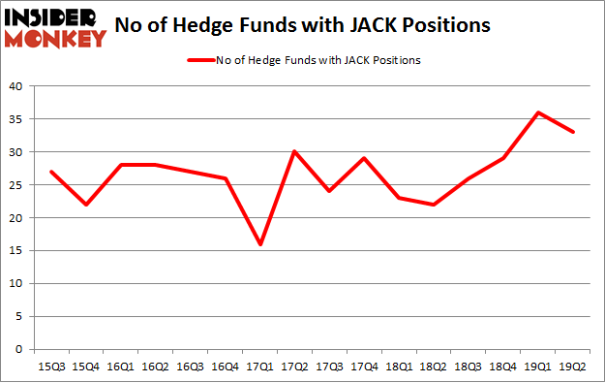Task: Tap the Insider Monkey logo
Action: (x=55, y=27)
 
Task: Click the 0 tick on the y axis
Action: (x=18, y=349)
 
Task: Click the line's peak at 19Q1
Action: (x=539, y=112)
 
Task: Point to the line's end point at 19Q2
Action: (x=575, y=132)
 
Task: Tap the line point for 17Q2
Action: (x=294, y=151)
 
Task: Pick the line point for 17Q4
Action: (x=364, y=158)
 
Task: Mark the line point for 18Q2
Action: (x=435, y=205)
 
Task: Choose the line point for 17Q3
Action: (x=329, y=191)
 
